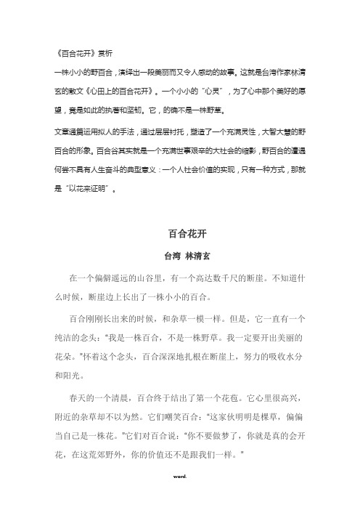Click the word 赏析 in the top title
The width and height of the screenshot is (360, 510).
tap(105, 52)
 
